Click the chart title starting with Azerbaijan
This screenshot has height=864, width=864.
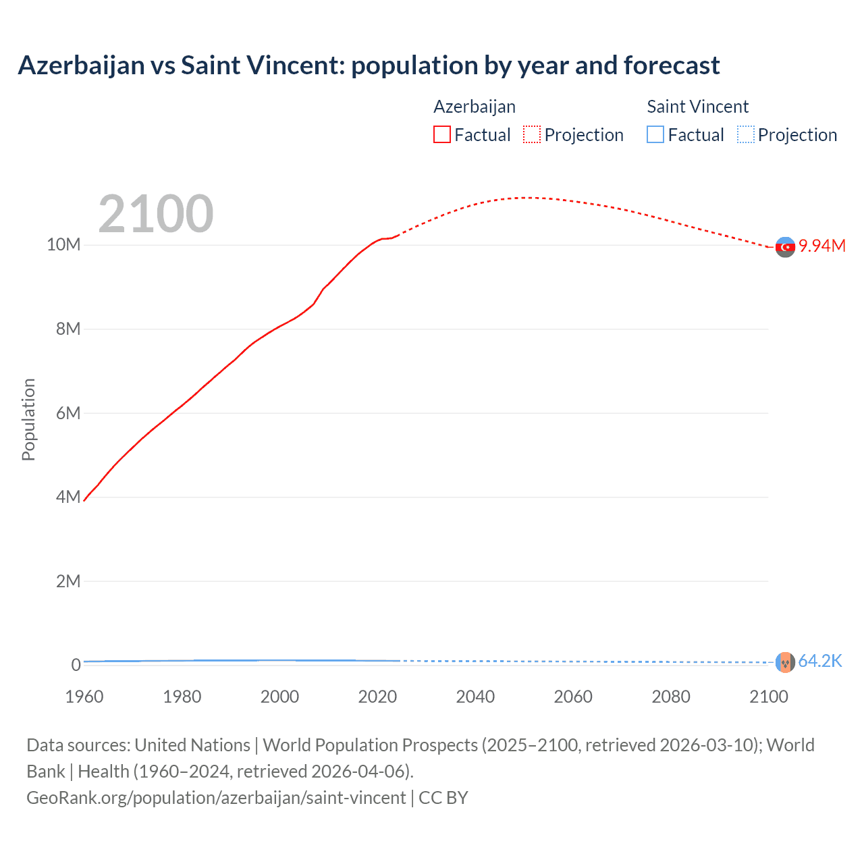(x=369, y=65)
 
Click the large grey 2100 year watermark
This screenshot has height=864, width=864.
(x=156, y=214)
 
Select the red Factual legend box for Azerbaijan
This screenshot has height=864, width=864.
(x=442, y=135)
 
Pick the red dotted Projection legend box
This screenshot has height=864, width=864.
(x=532, y=135)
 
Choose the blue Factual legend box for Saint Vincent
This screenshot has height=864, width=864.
(x=655, y=135)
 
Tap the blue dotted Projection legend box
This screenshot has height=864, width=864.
(x=746, y=135)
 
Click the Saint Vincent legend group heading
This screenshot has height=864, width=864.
(x=697, y=107)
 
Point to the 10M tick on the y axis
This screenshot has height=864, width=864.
(x=63, y=244)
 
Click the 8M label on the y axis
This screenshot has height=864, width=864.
(x=68, y=329)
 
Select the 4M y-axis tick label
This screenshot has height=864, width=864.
(x=68, y=497)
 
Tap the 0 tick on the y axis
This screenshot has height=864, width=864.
(x=76, y=665)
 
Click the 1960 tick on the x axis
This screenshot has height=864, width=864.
(x=84, y=697)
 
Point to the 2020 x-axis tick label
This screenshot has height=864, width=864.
(x=377, y=697)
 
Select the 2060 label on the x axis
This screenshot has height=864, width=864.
(x=573, y=697)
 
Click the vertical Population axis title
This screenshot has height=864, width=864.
(x=28, y=419)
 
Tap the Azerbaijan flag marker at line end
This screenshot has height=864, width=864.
(x=785, y=248)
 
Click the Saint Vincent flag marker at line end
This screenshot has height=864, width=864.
(x=785, y=662)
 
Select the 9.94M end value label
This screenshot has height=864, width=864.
(x=822, y=246)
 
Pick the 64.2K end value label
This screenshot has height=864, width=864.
(x=820, y=661)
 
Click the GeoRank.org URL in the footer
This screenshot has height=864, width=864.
(x=216, y=798)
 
